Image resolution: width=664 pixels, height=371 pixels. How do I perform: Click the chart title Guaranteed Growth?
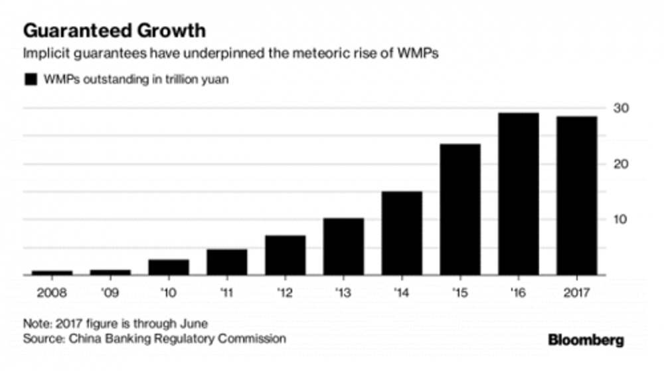[114, 31]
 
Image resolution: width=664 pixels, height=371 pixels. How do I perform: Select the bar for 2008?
[52, 273]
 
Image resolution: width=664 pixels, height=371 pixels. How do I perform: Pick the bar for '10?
[169, 267]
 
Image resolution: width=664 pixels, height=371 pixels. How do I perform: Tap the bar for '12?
[286, 255]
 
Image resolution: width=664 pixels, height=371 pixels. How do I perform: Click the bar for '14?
[402, 233]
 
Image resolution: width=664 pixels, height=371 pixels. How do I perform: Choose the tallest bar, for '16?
[519, 193]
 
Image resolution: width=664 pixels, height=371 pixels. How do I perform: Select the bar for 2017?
[576, 195]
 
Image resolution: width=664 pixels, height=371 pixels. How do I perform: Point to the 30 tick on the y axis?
[621, 108]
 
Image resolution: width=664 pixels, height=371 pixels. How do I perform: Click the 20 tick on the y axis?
[621, 164]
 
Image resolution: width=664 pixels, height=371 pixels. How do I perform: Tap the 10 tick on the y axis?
[621, 219]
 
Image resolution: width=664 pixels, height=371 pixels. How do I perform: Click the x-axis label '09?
[110, 292]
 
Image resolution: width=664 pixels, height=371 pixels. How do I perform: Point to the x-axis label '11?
[226, 292]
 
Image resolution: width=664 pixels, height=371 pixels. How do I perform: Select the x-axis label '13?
[343, 292]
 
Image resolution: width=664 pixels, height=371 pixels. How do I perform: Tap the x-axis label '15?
[460, 292]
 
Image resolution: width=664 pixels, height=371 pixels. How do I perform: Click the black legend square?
[30, 80]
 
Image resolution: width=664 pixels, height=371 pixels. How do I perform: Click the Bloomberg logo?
[586, 340]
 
